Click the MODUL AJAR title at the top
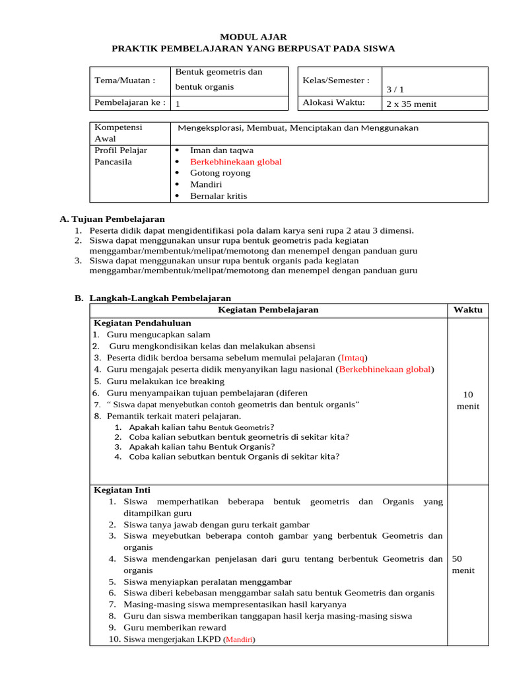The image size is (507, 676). (x=253, y=37)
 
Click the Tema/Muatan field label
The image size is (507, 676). (x=125, y=81)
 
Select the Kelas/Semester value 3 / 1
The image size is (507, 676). (x=395, y=89)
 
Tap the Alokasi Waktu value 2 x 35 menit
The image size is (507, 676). (x=411, y=104)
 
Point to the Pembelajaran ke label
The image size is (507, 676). (x=130, y=103)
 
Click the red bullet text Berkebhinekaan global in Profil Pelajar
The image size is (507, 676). (x=236, y=162)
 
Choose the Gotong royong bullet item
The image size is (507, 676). (x=220, y=173)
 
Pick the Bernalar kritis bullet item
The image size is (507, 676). (x=219, y=196)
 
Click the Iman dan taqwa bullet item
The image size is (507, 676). (x=221, y=150)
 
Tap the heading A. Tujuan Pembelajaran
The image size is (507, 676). (x=112, y=219)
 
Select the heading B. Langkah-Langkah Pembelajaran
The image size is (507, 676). (x=152, y=298)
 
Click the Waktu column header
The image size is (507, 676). (x=467, y=310)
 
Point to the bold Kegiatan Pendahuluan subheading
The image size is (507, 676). (x=143, y=323)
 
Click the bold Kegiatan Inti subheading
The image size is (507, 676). (x=122, y=490)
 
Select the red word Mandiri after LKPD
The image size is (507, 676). (x=240, y=640)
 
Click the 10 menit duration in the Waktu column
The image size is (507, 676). (x=468, y=400)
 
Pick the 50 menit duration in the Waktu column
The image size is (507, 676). (x=463, y=564)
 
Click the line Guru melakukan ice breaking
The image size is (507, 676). (x=165, y=382)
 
